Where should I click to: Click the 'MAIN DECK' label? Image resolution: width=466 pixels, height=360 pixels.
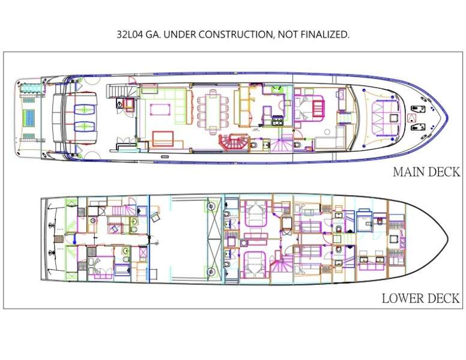pyautogui.click(x=426, y=172)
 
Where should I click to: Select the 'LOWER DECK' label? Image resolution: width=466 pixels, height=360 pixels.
pyautogui.click(x=420, y=298)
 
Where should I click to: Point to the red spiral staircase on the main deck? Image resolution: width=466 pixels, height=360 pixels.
pyautogui.click(x=233, y=143)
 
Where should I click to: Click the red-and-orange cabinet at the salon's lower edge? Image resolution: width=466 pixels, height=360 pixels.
pyautogui.click(x=163, y=139)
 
